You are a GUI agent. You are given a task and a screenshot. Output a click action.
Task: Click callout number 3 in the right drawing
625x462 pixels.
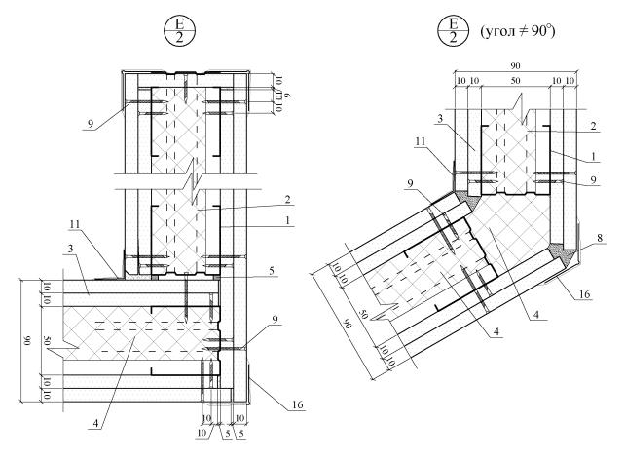(440, 119)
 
